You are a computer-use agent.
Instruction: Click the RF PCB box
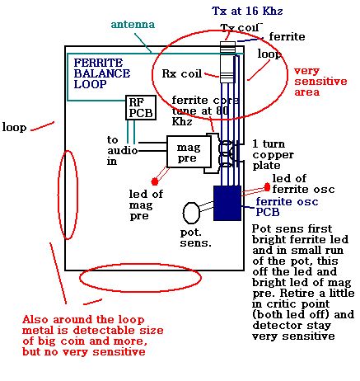click(141, 107)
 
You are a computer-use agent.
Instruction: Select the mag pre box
click(189, 152)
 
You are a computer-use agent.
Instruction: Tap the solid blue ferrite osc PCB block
click(227, 203)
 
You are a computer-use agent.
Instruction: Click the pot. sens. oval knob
click(191, 213)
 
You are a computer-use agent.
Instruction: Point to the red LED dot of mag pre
click(155, 181)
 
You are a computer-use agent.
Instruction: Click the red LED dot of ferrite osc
click(267, 187)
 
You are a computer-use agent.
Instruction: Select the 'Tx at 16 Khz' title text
click(247, 11)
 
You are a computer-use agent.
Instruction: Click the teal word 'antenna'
click(133, 25)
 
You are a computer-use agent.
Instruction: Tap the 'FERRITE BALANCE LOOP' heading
click(102, 73)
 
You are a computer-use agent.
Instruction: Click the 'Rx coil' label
click(182, 73)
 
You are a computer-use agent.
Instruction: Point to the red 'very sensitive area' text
click(320, 82)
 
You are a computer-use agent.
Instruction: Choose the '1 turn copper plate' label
click(273, 154)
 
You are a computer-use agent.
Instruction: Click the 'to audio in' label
click(122, 150)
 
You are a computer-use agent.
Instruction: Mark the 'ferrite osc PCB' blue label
click(287, 207)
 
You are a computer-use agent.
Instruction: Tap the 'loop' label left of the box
click(14, 128)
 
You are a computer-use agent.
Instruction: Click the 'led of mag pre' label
click(146, 205)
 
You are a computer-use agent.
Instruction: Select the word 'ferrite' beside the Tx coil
click(287, 36)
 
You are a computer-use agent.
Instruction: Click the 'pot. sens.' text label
click(196, 238)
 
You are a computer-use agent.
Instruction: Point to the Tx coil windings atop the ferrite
click(228, 47)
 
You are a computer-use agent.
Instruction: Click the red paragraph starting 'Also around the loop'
click(93, 336)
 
